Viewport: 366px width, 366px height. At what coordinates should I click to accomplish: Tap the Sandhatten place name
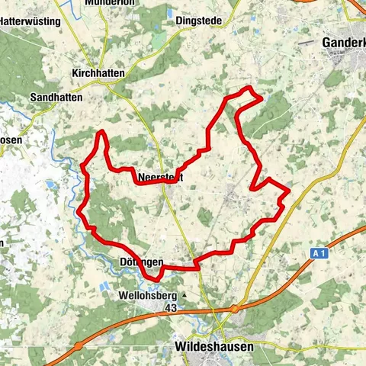pos(58,98)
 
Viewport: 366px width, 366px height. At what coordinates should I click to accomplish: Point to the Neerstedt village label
pos(162,178)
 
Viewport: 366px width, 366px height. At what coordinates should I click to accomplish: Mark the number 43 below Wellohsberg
pos(172,307)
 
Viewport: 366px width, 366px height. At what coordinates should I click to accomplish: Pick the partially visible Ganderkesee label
pos(343,43)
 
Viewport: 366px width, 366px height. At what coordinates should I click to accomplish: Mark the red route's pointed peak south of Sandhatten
pos(101,132)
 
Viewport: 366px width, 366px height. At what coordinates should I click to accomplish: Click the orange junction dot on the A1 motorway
pos(236,308)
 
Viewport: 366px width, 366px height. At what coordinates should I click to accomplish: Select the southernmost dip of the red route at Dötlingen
pos(151,278)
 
